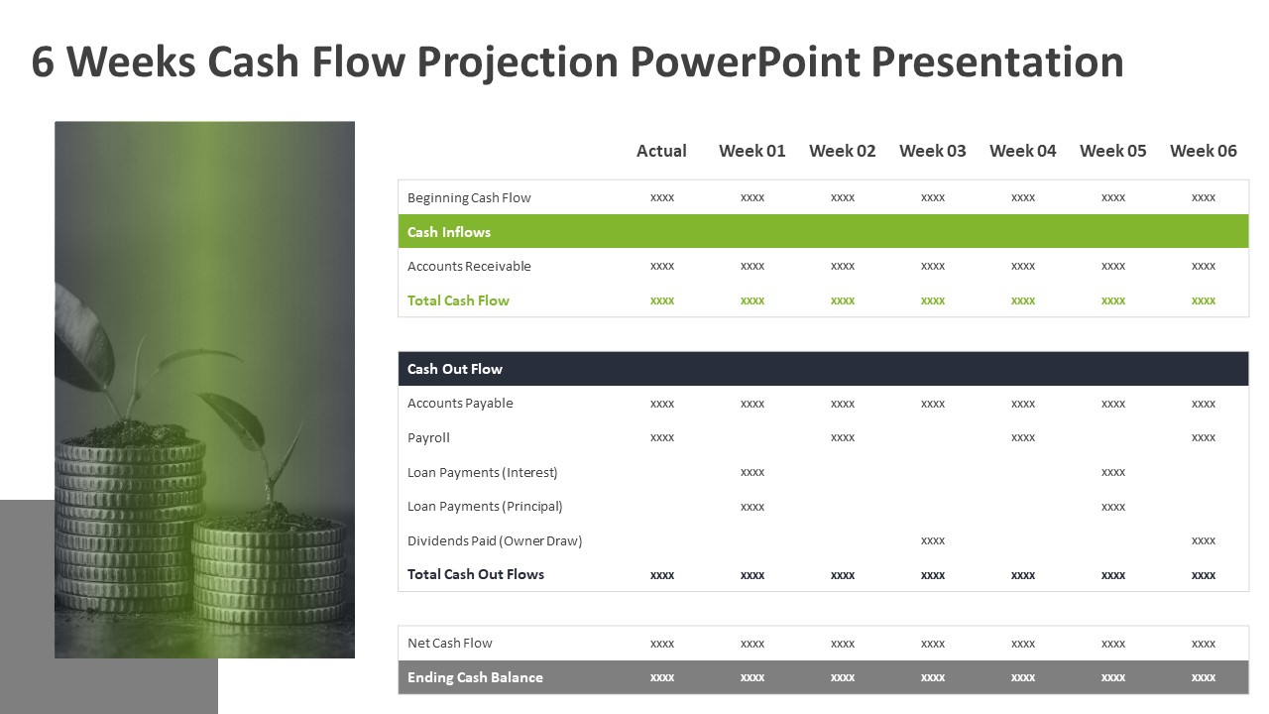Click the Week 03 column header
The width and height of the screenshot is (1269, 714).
932,151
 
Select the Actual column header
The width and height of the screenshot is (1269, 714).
661,151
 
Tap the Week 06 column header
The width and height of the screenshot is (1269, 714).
1203,151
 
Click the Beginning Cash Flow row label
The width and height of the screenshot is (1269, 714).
469,197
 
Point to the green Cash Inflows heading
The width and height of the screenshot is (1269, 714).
449,232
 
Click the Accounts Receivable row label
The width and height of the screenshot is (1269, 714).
469,266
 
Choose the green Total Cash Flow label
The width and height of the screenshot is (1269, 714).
458,300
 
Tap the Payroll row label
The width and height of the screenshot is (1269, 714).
428,437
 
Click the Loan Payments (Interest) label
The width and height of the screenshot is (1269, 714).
483,472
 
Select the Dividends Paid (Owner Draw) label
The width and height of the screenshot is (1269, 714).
495,540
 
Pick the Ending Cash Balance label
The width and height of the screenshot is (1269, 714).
475,677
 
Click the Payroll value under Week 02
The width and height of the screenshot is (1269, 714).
843,437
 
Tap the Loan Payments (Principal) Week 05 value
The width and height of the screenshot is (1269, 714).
1113,507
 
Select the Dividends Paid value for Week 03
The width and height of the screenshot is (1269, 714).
933,540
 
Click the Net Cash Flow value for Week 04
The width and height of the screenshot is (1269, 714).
1023,644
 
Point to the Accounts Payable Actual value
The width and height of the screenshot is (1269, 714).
662,404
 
